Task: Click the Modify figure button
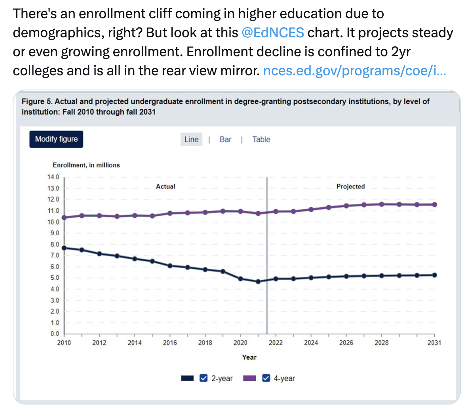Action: [x=56, y=139]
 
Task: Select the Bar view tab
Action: [x=225, y=139]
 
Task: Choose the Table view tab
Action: [x=261, y=139]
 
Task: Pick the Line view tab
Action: [x=191, y=139]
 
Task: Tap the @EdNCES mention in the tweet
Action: [x=272, y=32]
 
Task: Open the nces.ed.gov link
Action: [x=354, y=71]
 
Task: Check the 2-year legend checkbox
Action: [x=204, y=378]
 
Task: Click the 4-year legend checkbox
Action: [x=266, y=378]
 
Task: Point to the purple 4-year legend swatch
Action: [x=249, y=378]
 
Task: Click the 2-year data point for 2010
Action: [x=64, y=248]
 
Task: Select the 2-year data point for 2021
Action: [x=258, y=282]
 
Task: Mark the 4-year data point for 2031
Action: [x=434, y=204]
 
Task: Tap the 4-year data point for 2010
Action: [x=64, y=218]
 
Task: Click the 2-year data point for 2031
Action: [x=434, y=275]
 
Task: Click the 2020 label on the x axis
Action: [x=240, y=343]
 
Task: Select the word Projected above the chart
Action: [x=350, y=186]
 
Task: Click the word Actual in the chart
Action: [x=165, y=186]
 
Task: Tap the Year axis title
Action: [x=249, y=357]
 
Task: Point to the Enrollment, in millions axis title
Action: [x=86, y=165]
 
